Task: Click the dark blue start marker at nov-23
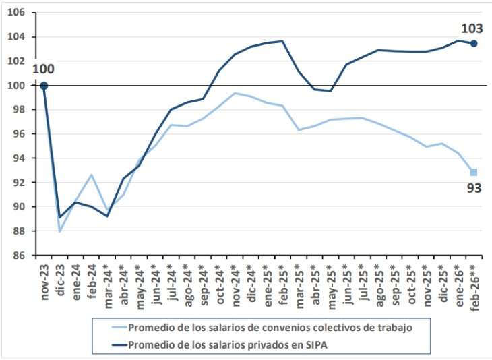(44, 86)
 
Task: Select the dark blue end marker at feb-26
(474, 43)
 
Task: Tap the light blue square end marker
(474, 172)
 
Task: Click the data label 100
(42, 69)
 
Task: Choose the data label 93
(474, 188)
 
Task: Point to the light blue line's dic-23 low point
(60, 231)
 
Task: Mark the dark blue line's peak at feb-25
(282, 41)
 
